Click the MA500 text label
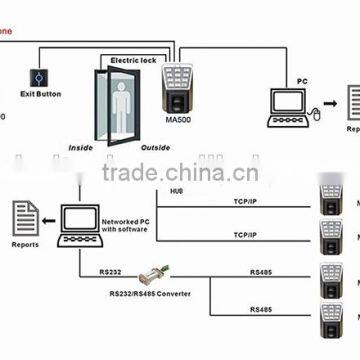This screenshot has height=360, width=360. pos(176,124)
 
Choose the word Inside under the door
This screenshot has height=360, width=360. pos(81,147)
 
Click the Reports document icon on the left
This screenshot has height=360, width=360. pos(26,215)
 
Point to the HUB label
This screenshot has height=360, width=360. pos(177,191)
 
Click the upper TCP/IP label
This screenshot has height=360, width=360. pos(244,200)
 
